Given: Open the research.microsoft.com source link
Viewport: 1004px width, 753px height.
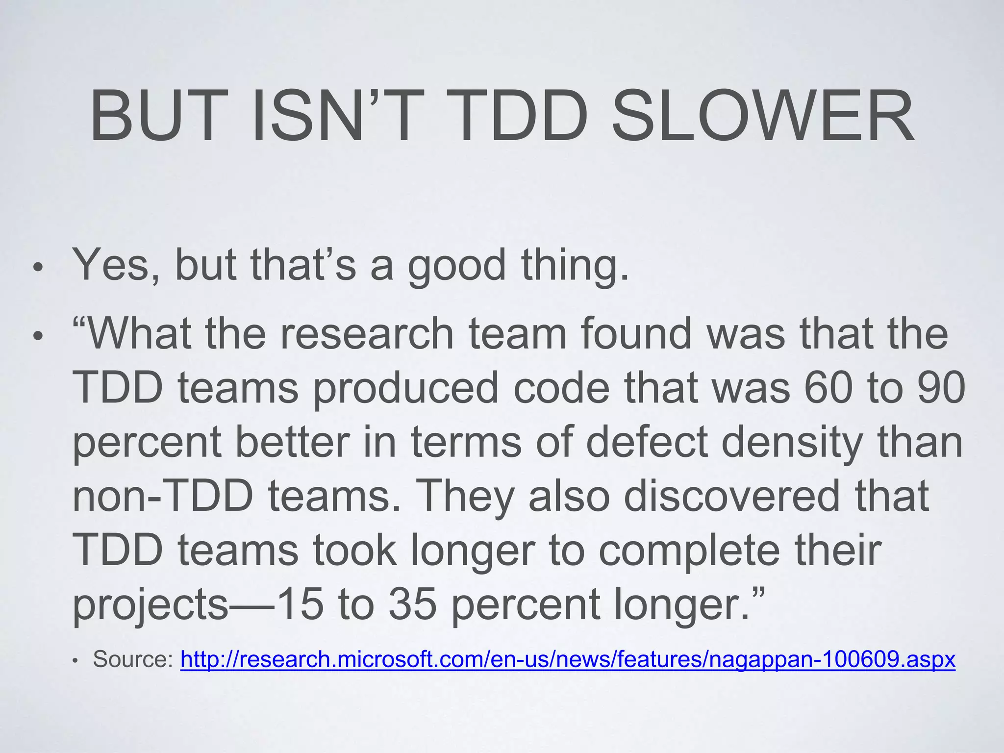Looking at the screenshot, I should pos(568,659).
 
